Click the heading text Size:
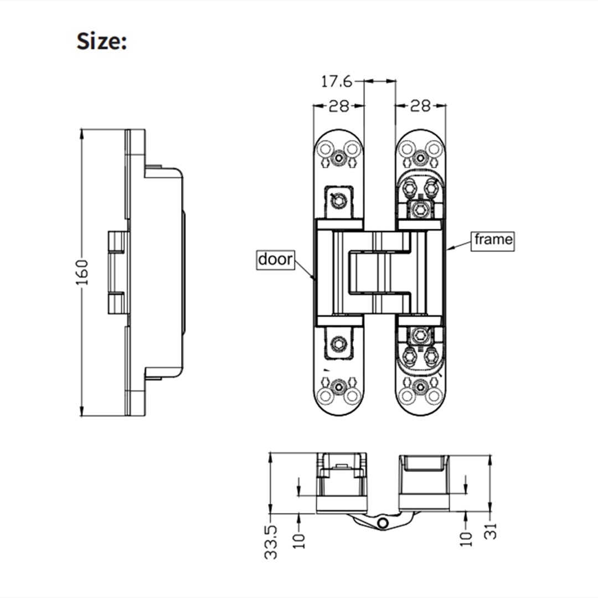click(102, 42)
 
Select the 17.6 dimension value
click(337, 81)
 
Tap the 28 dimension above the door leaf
click(339, 106)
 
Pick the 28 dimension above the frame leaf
click(420, 106)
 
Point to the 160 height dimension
click(82, 272)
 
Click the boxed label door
click(275, 259)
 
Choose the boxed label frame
click(492, 240)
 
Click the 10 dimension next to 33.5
click(299, 537)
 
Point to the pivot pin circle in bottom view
click(382, 523)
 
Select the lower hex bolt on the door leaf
click(337, 344)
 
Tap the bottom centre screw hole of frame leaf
click(421, 386)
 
